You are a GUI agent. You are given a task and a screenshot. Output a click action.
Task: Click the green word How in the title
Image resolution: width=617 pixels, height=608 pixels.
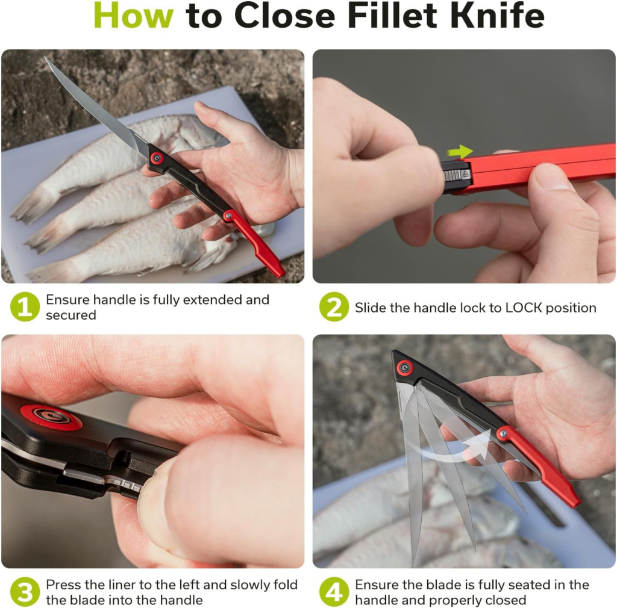[134, 17]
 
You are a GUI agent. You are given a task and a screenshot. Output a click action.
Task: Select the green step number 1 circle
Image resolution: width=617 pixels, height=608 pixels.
[25, 307]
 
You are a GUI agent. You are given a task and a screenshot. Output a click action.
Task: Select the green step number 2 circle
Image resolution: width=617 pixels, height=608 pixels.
[334, 307]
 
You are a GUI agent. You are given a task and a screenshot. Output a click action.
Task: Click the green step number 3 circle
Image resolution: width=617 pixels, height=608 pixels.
[25, 592]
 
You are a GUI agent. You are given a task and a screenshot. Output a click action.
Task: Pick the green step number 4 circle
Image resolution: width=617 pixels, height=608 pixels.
[334, 592]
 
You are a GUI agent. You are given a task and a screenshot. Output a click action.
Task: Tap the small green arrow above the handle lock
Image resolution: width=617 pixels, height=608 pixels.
[460, 152]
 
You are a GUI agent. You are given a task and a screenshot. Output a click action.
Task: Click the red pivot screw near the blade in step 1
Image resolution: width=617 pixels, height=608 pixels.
[157, 158]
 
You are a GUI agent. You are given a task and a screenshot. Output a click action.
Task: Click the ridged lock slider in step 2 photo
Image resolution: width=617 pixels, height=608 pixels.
[457, 175]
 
